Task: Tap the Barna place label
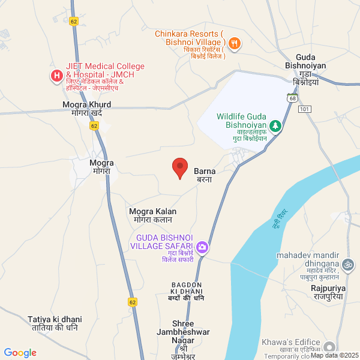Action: tap(204, 175)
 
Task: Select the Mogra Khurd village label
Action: tap(87, 108)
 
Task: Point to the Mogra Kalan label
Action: tap(153, 215)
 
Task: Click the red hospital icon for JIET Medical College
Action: tap(56, 76)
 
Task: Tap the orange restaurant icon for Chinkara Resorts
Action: tap(235, 43)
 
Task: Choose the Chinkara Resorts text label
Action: tap(190, 38)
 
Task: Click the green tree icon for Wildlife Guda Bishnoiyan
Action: tap(275, 126)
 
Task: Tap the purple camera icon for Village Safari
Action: tap(203, 247)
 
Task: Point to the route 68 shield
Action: tap(292, 97)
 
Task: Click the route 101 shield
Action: tap(305, 109)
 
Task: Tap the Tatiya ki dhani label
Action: tap(55, 323)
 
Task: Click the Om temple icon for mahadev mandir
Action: tap(347, 264)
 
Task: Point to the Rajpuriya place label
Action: tap(329, 292)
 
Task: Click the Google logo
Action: tap(20, 353)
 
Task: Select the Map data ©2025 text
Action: tap(335, 355)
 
